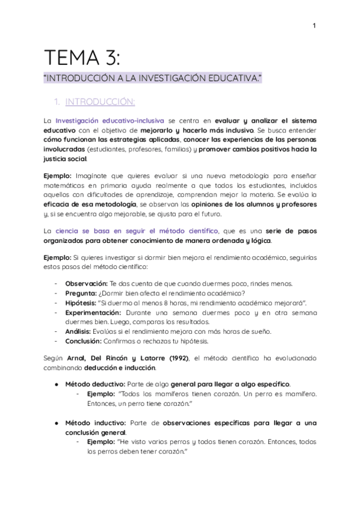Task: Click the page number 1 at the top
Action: click(x=315, y=26)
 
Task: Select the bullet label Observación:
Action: click(x=85, y=283)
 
